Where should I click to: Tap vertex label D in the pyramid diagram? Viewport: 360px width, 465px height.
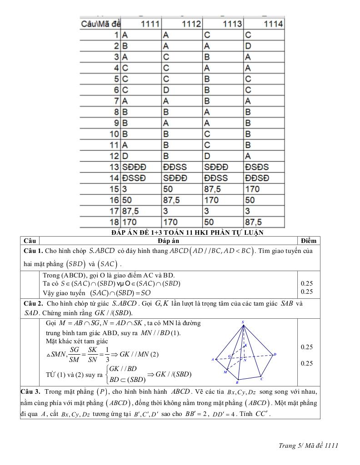tap(275, 354)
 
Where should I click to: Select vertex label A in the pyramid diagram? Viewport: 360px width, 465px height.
tap(212, 359)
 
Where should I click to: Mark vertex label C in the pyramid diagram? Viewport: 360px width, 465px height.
tap(261, 378)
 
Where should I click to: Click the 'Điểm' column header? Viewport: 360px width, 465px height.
tap(308, 241)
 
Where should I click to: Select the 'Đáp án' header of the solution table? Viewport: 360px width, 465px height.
tap(169, 241)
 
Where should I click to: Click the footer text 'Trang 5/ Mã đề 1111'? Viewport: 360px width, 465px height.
tap(308, 445)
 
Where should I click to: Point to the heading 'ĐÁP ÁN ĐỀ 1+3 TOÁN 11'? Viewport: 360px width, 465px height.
tap(187, 232)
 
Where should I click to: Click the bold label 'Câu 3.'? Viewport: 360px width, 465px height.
tap(31, 391)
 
